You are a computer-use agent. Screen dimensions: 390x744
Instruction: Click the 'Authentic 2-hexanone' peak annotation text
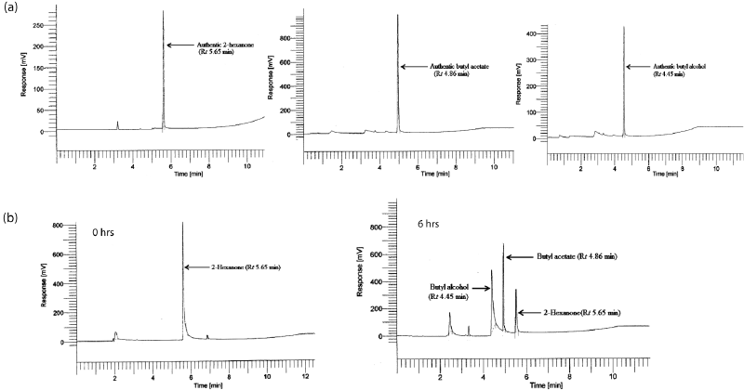222,48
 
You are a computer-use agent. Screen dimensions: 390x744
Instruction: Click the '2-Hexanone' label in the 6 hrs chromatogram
582,313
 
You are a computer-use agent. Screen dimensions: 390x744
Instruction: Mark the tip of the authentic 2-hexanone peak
163,11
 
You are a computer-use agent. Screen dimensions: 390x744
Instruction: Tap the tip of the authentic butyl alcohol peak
623,27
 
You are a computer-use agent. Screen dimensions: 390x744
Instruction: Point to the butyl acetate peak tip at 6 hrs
503,244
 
